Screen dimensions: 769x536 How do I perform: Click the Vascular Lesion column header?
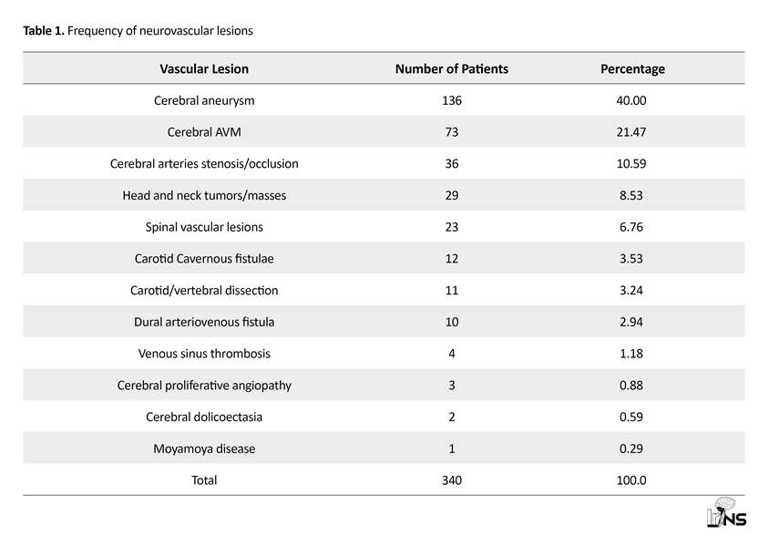point(204,68)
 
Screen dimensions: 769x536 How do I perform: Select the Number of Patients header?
point(452,68)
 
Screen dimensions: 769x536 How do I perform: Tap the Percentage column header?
point(632,69)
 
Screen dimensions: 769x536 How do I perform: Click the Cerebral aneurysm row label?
point(204,100)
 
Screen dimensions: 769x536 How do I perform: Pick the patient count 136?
point(452,100)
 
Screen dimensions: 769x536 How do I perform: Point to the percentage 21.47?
point(631,132)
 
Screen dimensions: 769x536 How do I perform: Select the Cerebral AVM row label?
point(204,132)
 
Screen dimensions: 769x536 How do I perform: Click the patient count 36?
point(452,163)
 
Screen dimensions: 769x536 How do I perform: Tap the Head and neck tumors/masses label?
point(204,195)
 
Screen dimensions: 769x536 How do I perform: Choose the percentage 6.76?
point(631,227)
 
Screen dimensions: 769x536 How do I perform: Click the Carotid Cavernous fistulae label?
point(204,259)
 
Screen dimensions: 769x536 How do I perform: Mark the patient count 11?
point(452,290)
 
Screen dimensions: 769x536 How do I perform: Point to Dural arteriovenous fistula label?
point(204,322)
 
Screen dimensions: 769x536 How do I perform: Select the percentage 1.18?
point(631,354)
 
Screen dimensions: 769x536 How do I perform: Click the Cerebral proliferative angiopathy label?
point(204,386)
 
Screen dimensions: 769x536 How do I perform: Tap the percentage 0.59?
point(631,417)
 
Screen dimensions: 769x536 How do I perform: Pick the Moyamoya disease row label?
point(204,448)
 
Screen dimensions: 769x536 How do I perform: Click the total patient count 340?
point(452,480)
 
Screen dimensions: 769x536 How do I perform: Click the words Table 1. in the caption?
point(44,31)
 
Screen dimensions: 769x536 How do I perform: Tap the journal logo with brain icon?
point(727,513)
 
